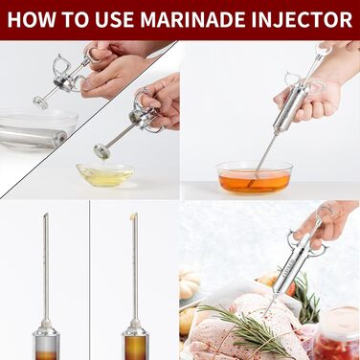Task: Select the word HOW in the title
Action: (31, 19)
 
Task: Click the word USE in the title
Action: (115, 19)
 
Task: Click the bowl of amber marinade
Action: (255, 177)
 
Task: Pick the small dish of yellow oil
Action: (105, 174)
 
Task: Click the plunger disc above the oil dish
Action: (101, 151)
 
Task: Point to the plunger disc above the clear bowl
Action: (40, 102)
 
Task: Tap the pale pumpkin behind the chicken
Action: (189, 282)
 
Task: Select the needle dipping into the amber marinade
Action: (261, 160)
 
